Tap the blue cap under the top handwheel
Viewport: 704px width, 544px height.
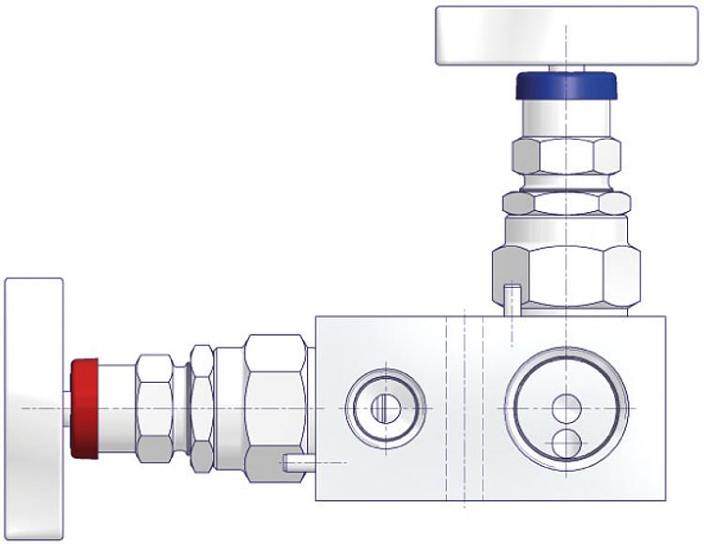[566, 86]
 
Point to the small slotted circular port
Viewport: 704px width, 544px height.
[385, 409]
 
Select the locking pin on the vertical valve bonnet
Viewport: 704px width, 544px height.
[512, 300]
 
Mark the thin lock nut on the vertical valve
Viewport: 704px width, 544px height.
[566, 203]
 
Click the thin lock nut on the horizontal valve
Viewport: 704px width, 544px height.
[202, 409]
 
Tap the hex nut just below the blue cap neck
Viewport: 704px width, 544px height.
[566, 159]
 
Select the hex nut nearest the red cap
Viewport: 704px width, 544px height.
[154, 409]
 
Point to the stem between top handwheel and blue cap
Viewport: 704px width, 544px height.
[566, 68]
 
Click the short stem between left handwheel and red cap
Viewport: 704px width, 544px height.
[67, 409]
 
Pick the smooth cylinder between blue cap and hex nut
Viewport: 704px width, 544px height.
[566, 119]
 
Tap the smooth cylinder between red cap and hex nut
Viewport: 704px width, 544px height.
[117, 409]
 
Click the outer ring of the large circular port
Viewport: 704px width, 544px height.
[513, 409]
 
